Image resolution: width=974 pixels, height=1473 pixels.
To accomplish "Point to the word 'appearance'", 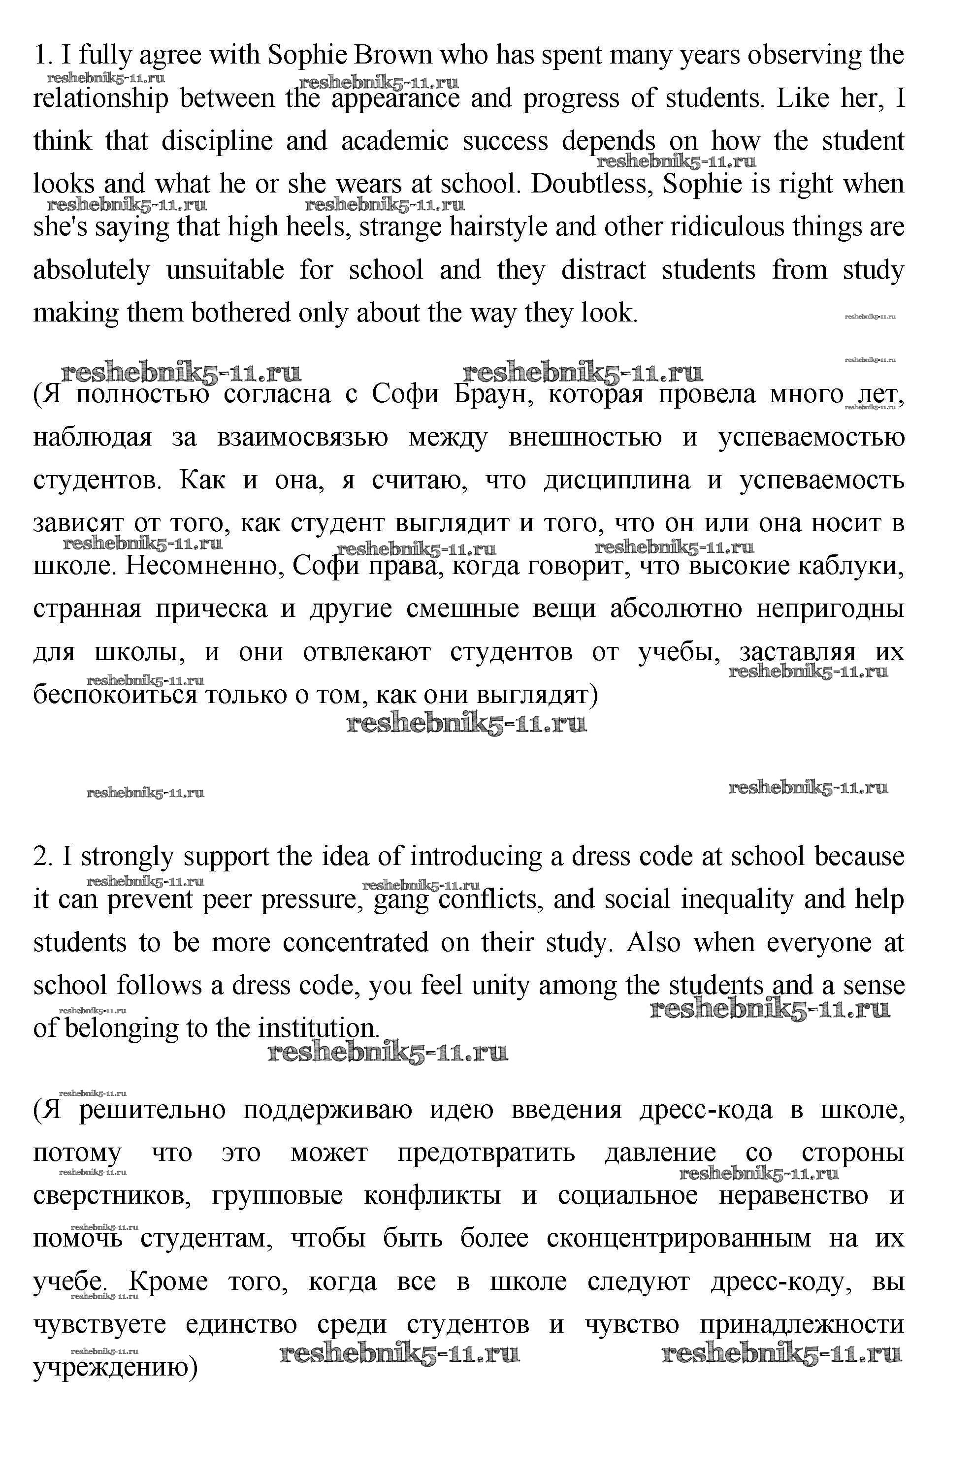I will click(x=396, y=99).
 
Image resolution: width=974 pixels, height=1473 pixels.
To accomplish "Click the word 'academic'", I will click(x=394, y=142).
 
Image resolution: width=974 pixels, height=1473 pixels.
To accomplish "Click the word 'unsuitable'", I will click(x=225, y=270).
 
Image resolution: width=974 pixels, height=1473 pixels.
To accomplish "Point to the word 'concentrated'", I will click(x=356, y=943).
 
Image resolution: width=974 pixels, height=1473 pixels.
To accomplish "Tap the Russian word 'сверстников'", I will click(x=112, y=1195).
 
